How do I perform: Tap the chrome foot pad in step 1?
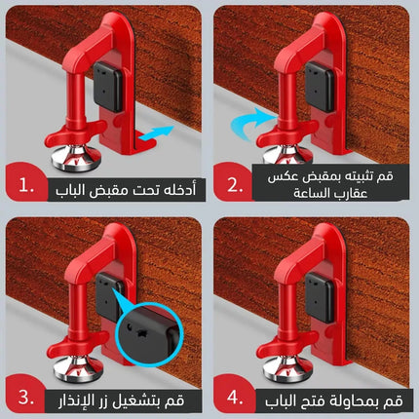[x=75, y=156]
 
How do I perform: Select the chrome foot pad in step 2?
[x=284, y=156]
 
